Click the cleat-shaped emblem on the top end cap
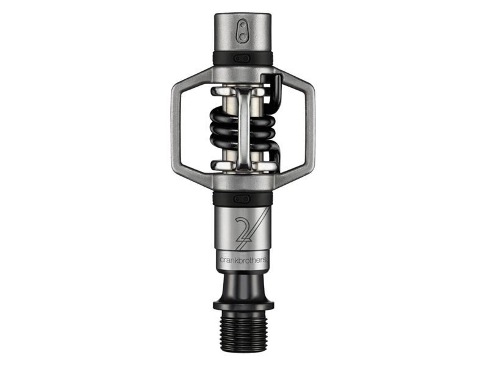pos(243,32)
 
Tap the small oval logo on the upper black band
pos(242,58)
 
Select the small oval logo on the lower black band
pos(242,199)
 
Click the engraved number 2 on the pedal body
pos(245,229)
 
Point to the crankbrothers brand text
pos(243,260)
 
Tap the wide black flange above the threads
pos(243,306)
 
